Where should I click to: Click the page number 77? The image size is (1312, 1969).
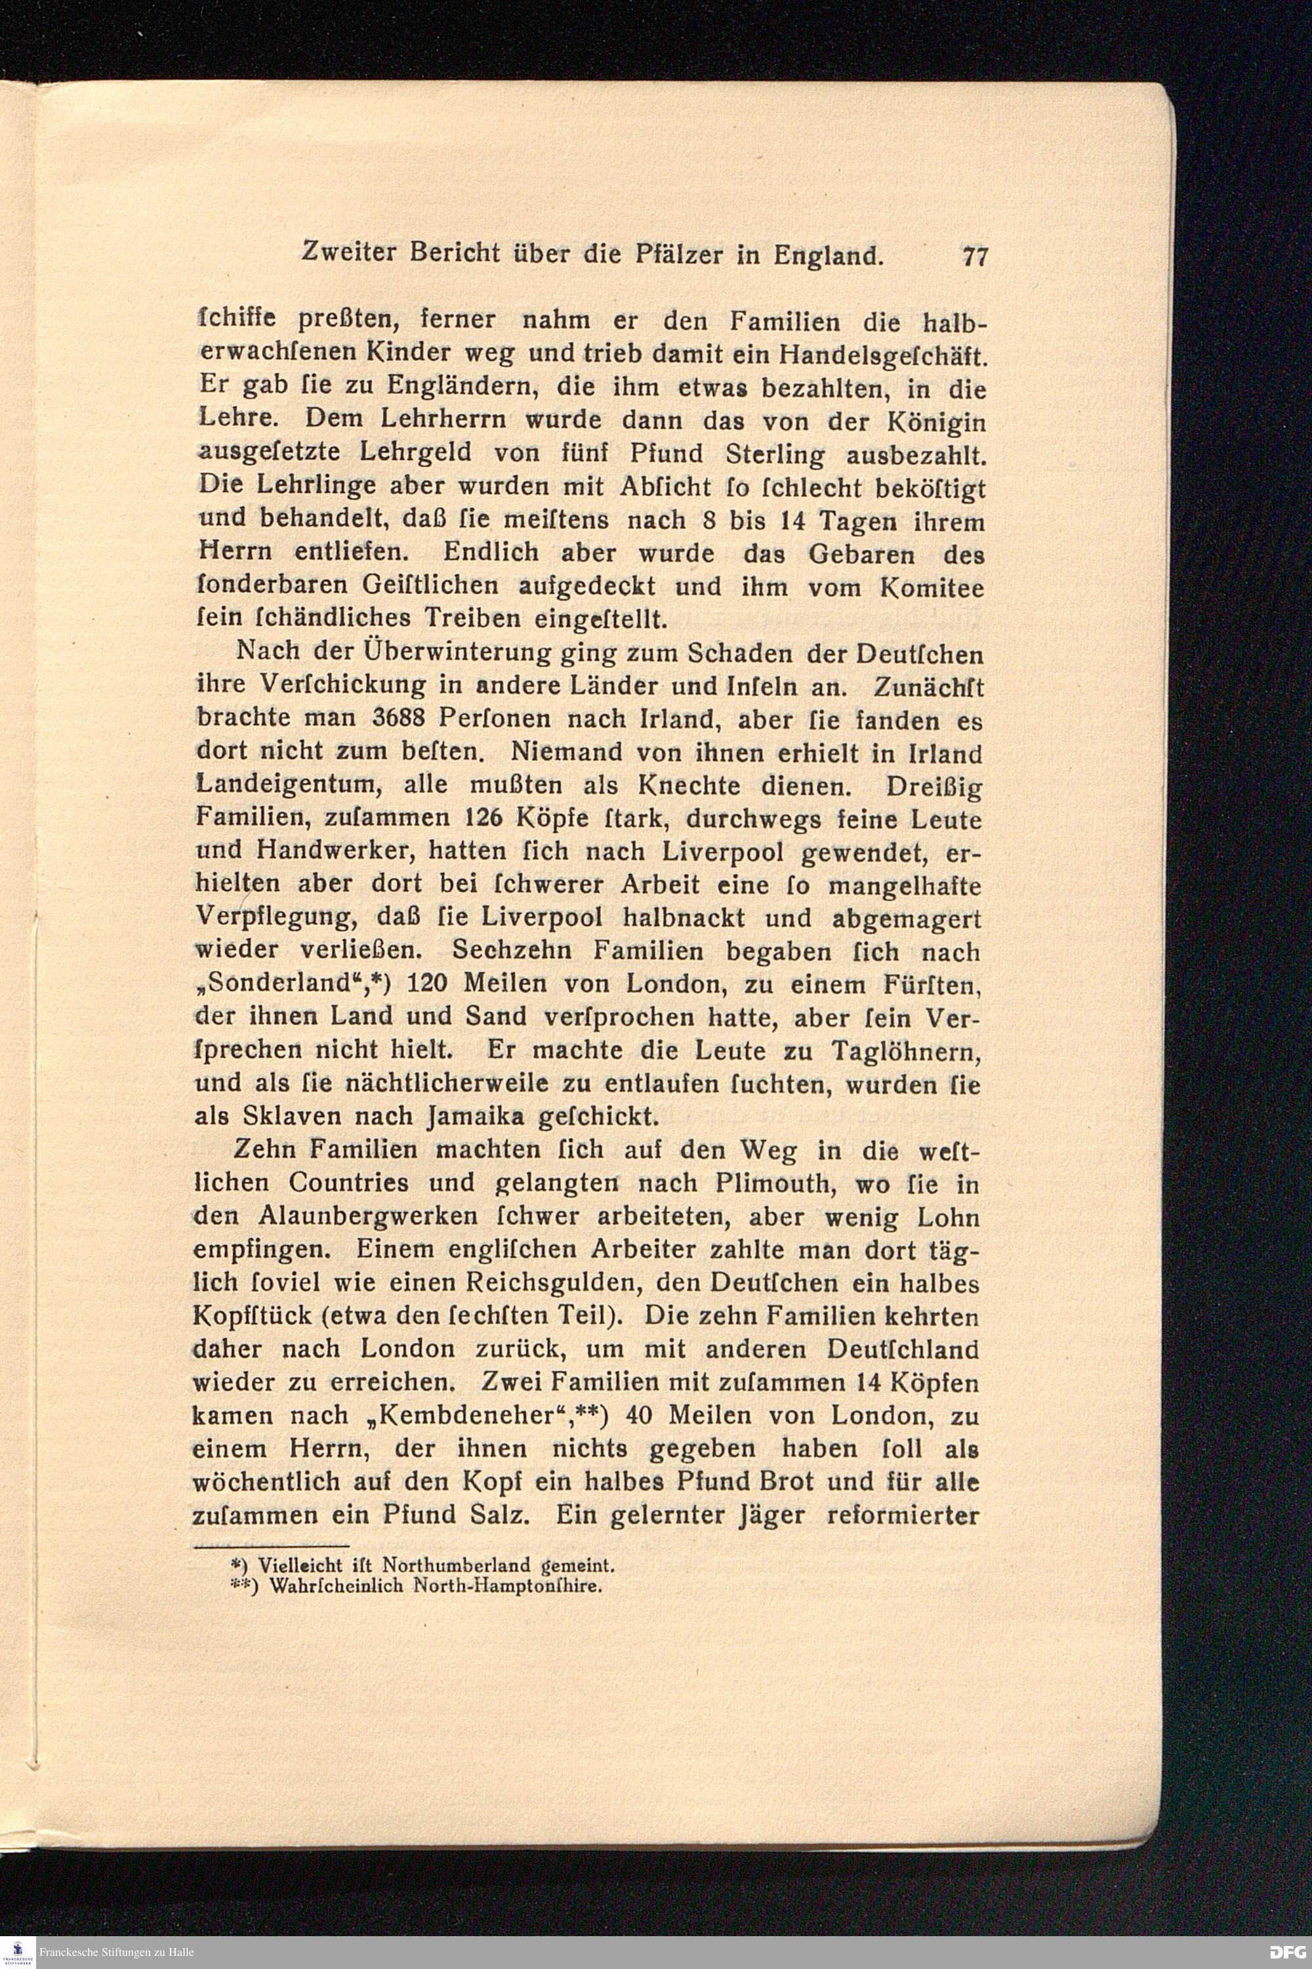[975, 256]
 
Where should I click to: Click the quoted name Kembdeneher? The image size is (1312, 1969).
[475, 1415]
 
